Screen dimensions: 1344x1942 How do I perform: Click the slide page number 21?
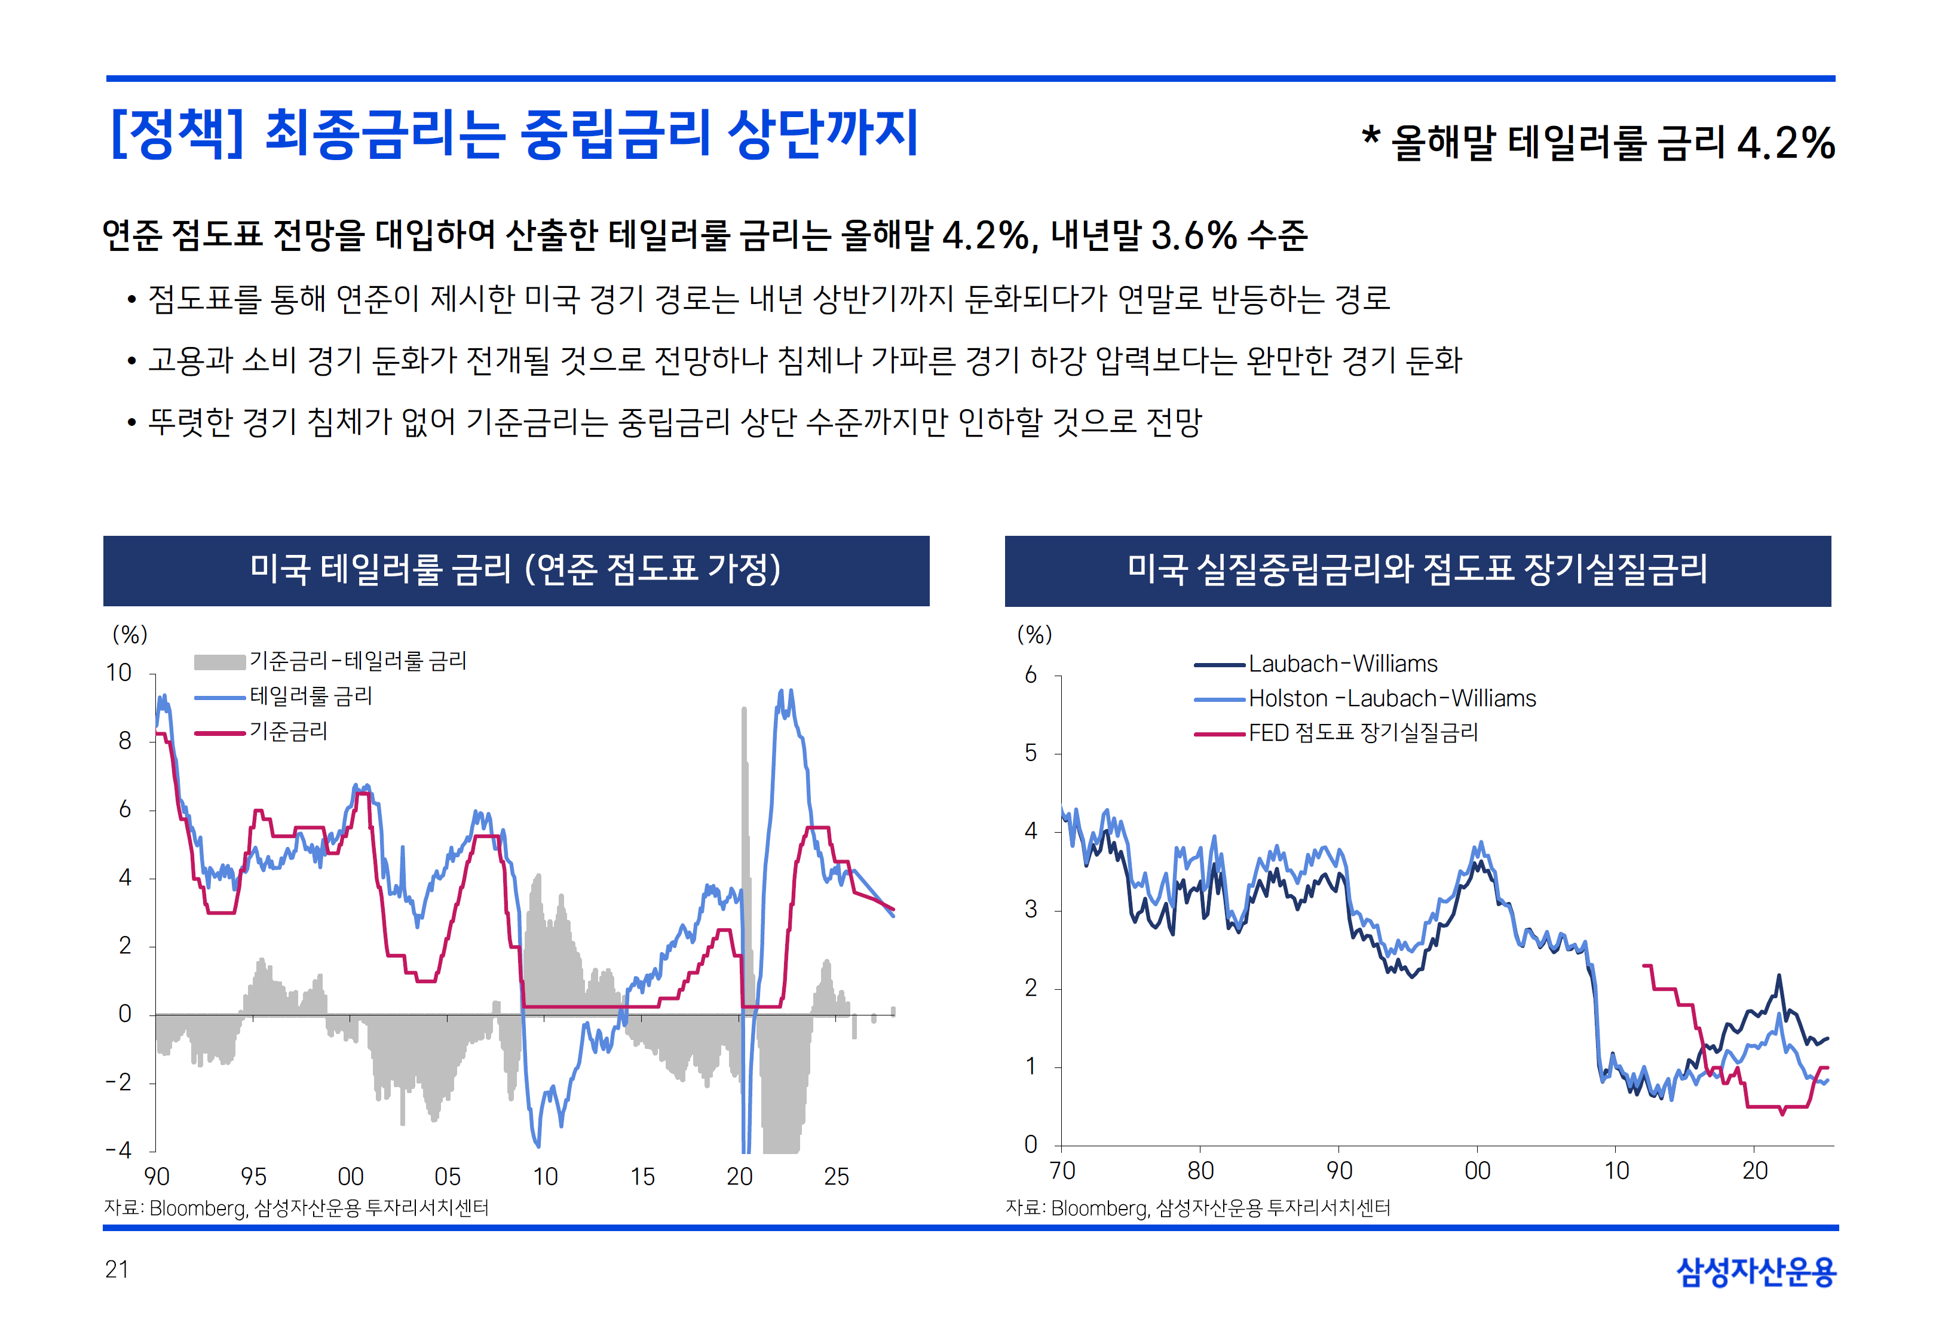pos(117,1269)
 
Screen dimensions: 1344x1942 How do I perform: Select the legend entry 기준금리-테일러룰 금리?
pos(357,661)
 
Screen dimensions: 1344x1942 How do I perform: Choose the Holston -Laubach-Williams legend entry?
pos(1391,699)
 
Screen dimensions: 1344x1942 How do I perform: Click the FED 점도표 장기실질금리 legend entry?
pos(1362,734)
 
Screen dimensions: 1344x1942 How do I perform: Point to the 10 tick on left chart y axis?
pos(119,673)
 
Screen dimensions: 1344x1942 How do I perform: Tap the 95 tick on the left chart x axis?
pos(253,1176)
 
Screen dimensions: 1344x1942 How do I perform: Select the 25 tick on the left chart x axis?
pos(837,1176)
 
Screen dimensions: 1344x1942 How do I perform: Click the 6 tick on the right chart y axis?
pos(1031,676)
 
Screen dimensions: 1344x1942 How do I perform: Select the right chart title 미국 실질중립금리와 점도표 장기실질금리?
pos(1417,569)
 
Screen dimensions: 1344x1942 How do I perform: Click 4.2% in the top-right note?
pos(1785,143)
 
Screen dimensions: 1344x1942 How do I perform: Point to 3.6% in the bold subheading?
pos(1193,236)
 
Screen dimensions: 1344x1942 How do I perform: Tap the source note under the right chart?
pos(1197,1208)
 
